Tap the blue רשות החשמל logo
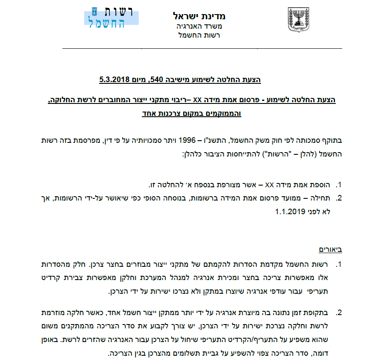pos(114,18)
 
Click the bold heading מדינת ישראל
pos(199,16)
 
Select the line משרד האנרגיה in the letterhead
pos(199,27)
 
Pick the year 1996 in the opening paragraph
pos(188,140)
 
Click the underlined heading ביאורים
pos(331,249)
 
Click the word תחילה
pos(324,198)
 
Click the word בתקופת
pos(319,313)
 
